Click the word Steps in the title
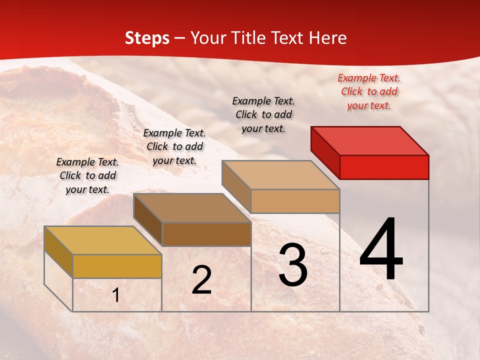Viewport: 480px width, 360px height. click(147, 38)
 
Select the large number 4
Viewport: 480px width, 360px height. click(381, 250)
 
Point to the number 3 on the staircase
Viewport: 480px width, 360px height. click(293, 265)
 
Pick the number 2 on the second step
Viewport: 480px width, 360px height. click(202, 280)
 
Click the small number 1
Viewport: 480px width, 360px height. click(116, 295)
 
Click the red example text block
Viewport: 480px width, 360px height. click(369, 91)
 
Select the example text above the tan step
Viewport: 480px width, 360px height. click(263, 114)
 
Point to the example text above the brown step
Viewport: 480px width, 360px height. click(174, 146)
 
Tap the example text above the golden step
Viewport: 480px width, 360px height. click(87, 175)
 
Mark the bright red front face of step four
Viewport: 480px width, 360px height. click(384, 167)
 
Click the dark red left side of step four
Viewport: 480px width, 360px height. click(325, 150)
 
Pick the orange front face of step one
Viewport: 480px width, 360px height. click(117, 266)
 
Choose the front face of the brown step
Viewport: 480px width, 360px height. click(206, 234)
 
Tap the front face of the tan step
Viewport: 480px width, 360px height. click(295, 201)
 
